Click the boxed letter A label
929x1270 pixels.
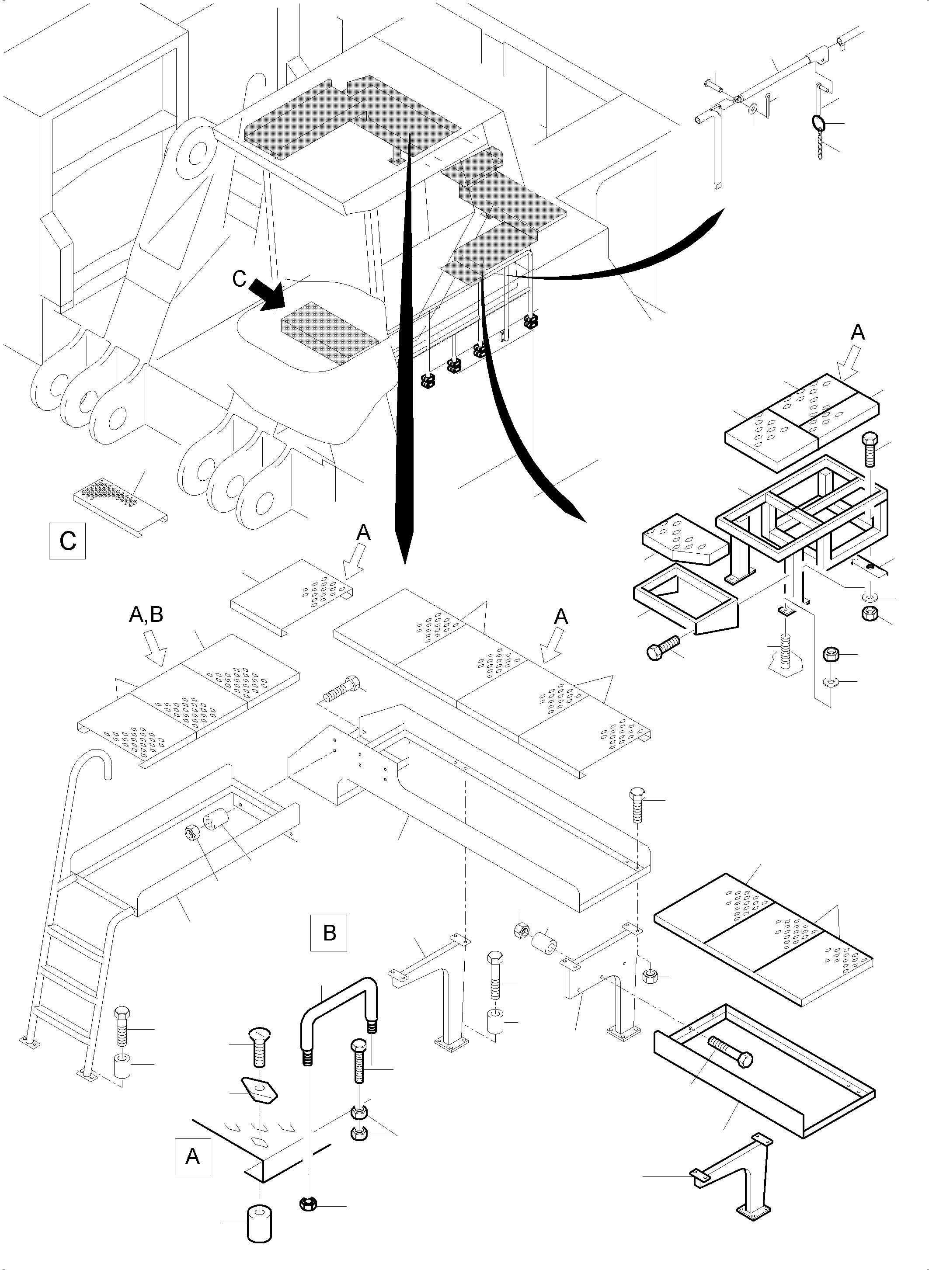[193, 1156]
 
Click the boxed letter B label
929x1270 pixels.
[329, 933]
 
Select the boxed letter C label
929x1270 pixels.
[67, 541]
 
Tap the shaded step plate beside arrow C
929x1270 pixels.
[329, 332]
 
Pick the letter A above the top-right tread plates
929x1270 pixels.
[857, 333]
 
